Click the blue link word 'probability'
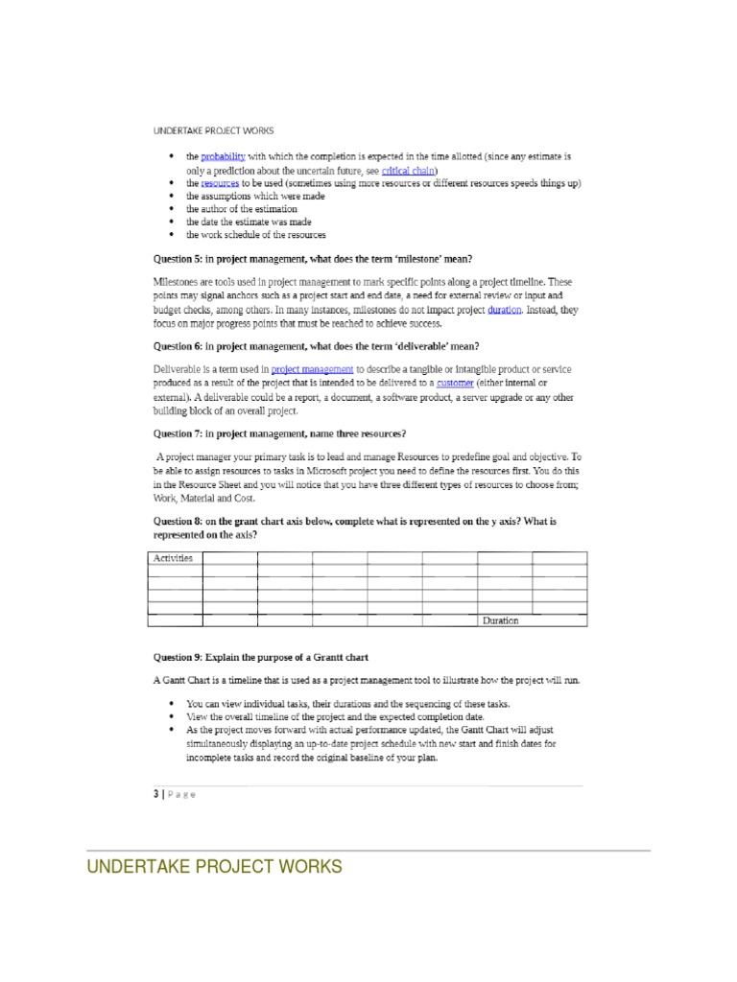(x=224, y=156)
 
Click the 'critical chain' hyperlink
(x=408, y=170)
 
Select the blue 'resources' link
(x=220, y=183)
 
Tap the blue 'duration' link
(x=505, y=311)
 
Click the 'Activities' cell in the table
(x=174, y=558)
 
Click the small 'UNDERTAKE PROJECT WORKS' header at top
(x=214, y=130)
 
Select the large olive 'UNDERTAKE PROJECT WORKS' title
(x=214, y=868)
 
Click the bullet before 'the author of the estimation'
(x=171, y=209)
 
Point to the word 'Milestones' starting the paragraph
(x=179, y=282)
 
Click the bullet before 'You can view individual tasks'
(x=171, y=704)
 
